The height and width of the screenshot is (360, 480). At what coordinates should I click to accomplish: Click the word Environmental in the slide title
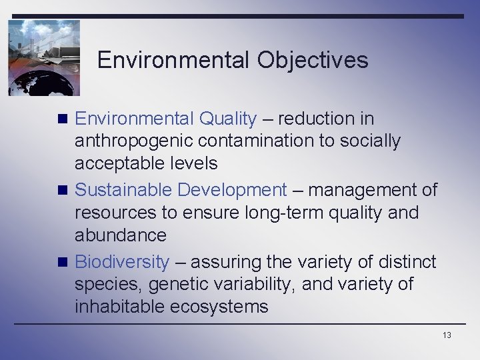click(173, 61)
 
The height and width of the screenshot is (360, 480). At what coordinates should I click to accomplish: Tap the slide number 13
click(446, 335)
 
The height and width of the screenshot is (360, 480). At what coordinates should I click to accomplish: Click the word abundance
click(121, 235)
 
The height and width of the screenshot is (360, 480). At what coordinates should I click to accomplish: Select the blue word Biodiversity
click(122, 262)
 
